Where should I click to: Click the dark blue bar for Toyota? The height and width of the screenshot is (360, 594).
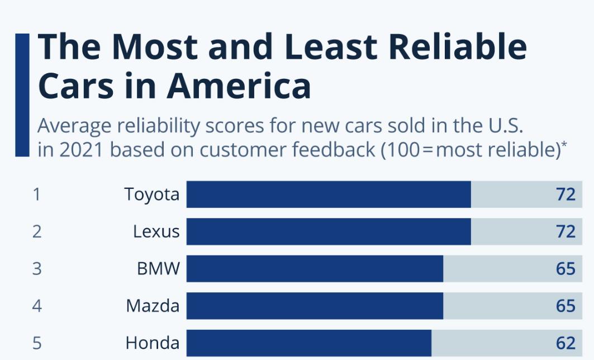pos(329,195)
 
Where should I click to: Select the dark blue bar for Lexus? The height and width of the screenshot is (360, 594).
pos(329,231)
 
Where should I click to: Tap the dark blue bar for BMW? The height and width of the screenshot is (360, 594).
pos(315,269)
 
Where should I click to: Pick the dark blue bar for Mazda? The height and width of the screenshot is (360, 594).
pos(315,306)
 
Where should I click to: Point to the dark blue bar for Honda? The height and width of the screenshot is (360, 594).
pos(309,343)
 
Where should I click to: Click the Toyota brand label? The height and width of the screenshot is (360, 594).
pos(152,195)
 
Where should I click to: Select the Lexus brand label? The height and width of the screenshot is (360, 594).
pos(156,231)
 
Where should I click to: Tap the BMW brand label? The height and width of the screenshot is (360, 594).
pos(159,269)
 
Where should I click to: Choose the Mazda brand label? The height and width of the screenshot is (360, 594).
pos(153,306)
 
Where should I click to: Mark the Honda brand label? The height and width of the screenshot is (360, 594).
pos(153,343)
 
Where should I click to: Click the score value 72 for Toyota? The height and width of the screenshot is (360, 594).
pos(566,195)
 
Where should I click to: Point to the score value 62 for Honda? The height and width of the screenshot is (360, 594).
pos(566,343)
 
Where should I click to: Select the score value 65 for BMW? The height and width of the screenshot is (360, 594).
pos(566,269)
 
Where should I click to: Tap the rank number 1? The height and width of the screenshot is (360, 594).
pos(37,195)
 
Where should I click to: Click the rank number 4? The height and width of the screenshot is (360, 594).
pos(37,306)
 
